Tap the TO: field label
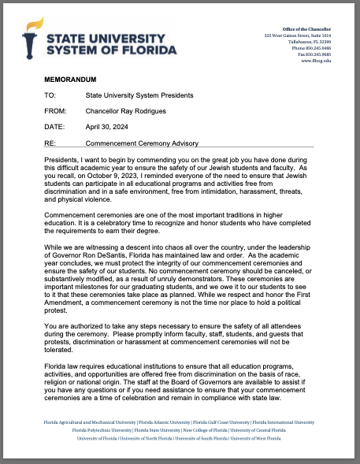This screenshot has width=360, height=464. coord(50,95)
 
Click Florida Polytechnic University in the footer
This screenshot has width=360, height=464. coord(102,430)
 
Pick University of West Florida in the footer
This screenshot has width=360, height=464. coord(256,438)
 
